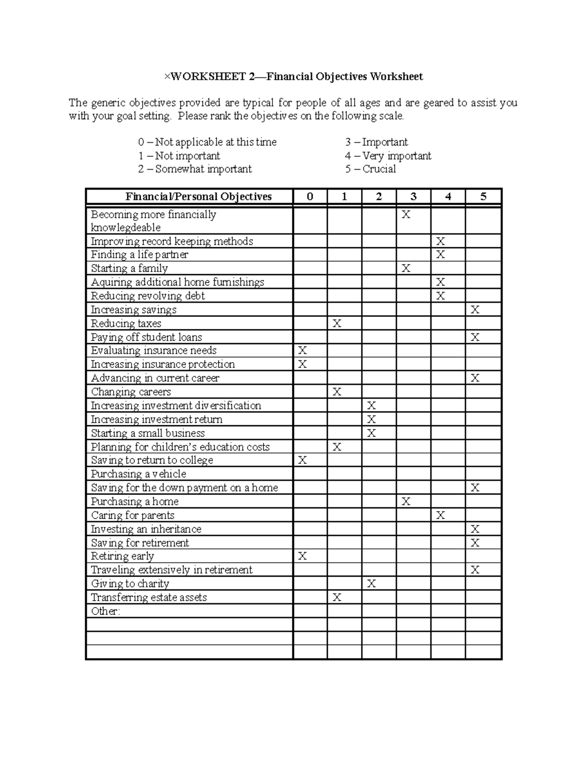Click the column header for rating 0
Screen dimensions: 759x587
coord(310,197)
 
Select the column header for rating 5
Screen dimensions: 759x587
coord(483,197)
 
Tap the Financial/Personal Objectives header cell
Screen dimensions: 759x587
coord(199,197)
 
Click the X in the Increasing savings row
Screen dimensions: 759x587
coord(474,310)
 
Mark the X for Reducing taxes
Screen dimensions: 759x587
coord(337,324)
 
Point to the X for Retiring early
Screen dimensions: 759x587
coord(302,556)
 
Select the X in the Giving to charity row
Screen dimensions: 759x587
coord(371,584)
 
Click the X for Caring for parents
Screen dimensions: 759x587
coord(440,515)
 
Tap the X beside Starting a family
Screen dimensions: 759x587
coord(406,268)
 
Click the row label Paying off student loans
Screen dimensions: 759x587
coord(146,337)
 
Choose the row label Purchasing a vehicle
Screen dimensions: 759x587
coord(138,474)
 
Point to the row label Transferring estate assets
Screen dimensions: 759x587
coord(149,597)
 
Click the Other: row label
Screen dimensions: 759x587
coord(105,611)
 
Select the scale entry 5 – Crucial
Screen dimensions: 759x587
coord(370,169)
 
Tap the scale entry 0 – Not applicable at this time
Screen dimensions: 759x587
coord(207,142)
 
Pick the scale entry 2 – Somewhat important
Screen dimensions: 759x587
coord(195,169)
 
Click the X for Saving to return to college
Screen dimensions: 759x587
coord(302,460)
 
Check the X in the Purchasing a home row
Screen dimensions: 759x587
coord(406,501)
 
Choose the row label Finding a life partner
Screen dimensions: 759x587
coord(139,255)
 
